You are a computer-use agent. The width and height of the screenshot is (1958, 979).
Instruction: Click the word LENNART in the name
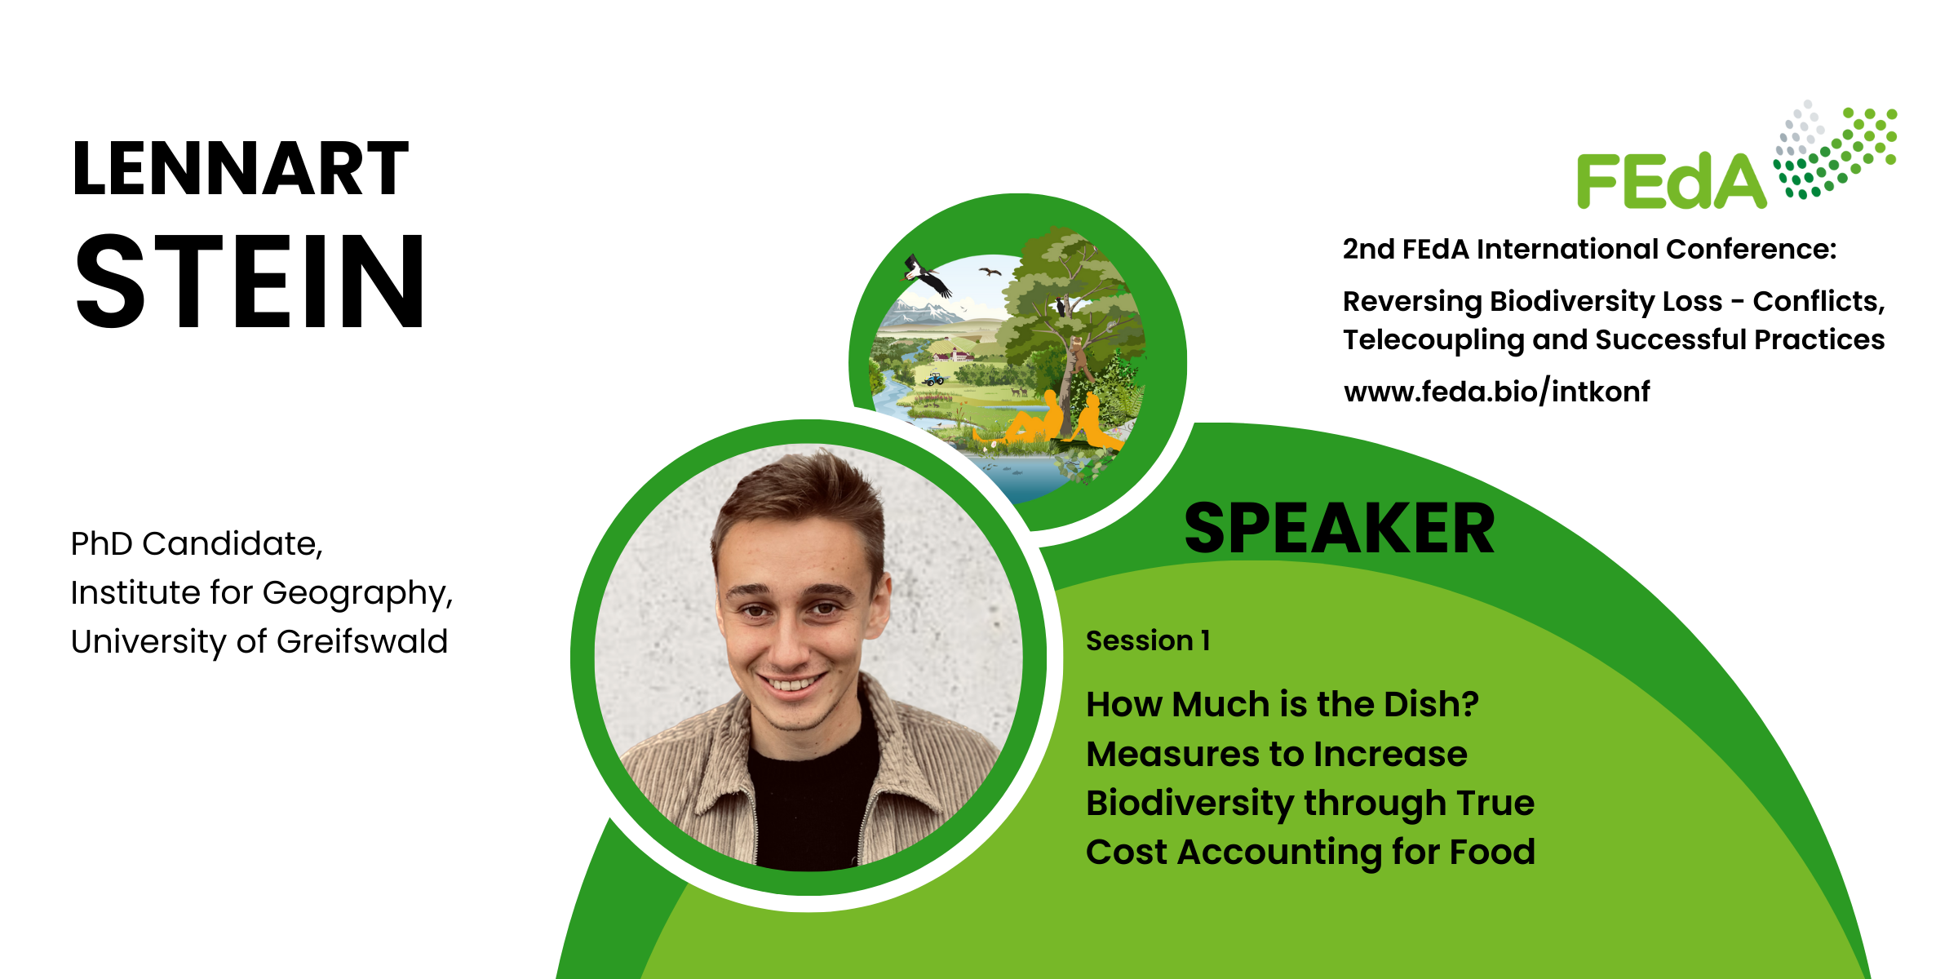coord(241,168)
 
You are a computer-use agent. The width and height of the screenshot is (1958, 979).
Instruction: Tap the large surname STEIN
coord(250,281)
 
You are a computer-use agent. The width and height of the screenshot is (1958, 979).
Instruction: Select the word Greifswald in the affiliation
coord(362,642)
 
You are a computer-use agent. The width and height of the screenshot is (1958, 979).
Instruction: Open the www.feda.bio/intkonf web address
coord(1496,392)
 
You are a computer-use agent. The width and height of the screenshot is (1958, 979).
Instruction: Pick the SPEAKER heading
coord(1339,529)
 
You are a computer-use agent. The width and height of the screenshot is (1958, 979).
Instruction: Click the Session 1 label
coord(1148,641)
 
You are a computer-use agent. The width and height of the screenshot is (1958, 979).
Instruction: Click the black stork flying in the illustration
coord(928,275)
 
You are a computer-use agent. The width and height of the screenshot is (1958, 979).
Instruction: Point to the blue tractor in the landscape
coord(935,379)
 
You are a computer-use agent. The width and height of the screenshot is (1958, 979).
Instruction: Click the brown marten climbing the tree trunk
coord(1079,356)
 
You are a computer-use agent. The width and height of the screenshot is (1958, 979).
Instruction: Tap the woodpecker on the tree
coord(1061,306)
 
